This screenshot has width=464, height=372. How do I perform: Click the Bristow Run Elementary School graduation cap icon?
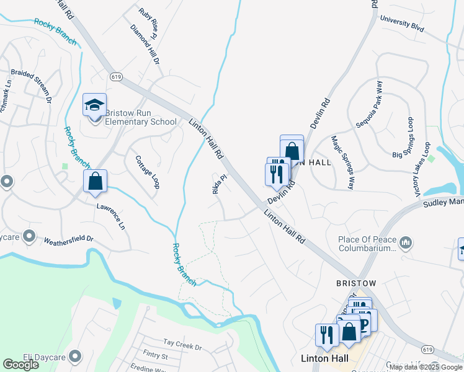pyautogui.click(x=95, y=105)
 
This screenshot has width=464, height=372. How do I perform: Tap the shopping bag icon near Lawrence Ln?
pyautogui.click(x=96, y=182)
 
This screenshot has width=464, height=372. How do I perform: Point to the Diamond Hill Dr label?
pyautogui.click(x=145, y=45)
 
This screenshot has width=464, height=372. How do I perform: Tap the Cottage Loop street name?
pyautogui.click(x=147, y=171)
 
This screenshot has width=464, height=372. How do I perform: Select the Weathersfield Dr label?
pyautogui.click(x=68, y=239)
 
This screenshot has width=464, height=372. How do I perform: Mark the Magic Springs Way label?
pyautogui.click(x=342, y=162)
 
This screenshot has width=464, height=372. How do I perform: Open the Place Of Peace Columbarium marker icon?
pyautogui.click(x=406, y=242)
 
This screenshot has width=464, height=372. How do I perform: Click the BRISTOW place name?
pyautogui.click(x=356, y=283)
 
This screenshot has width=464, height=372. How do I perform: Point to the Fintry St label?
pyautogui.click(x=155, y=356)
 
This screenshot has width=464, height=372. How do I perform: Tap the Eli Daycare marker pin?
pyautogui.click(x=75, y=356)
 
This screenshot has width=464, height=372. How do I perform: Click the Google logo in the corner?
pyautogui.click(x=20, y=365)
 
